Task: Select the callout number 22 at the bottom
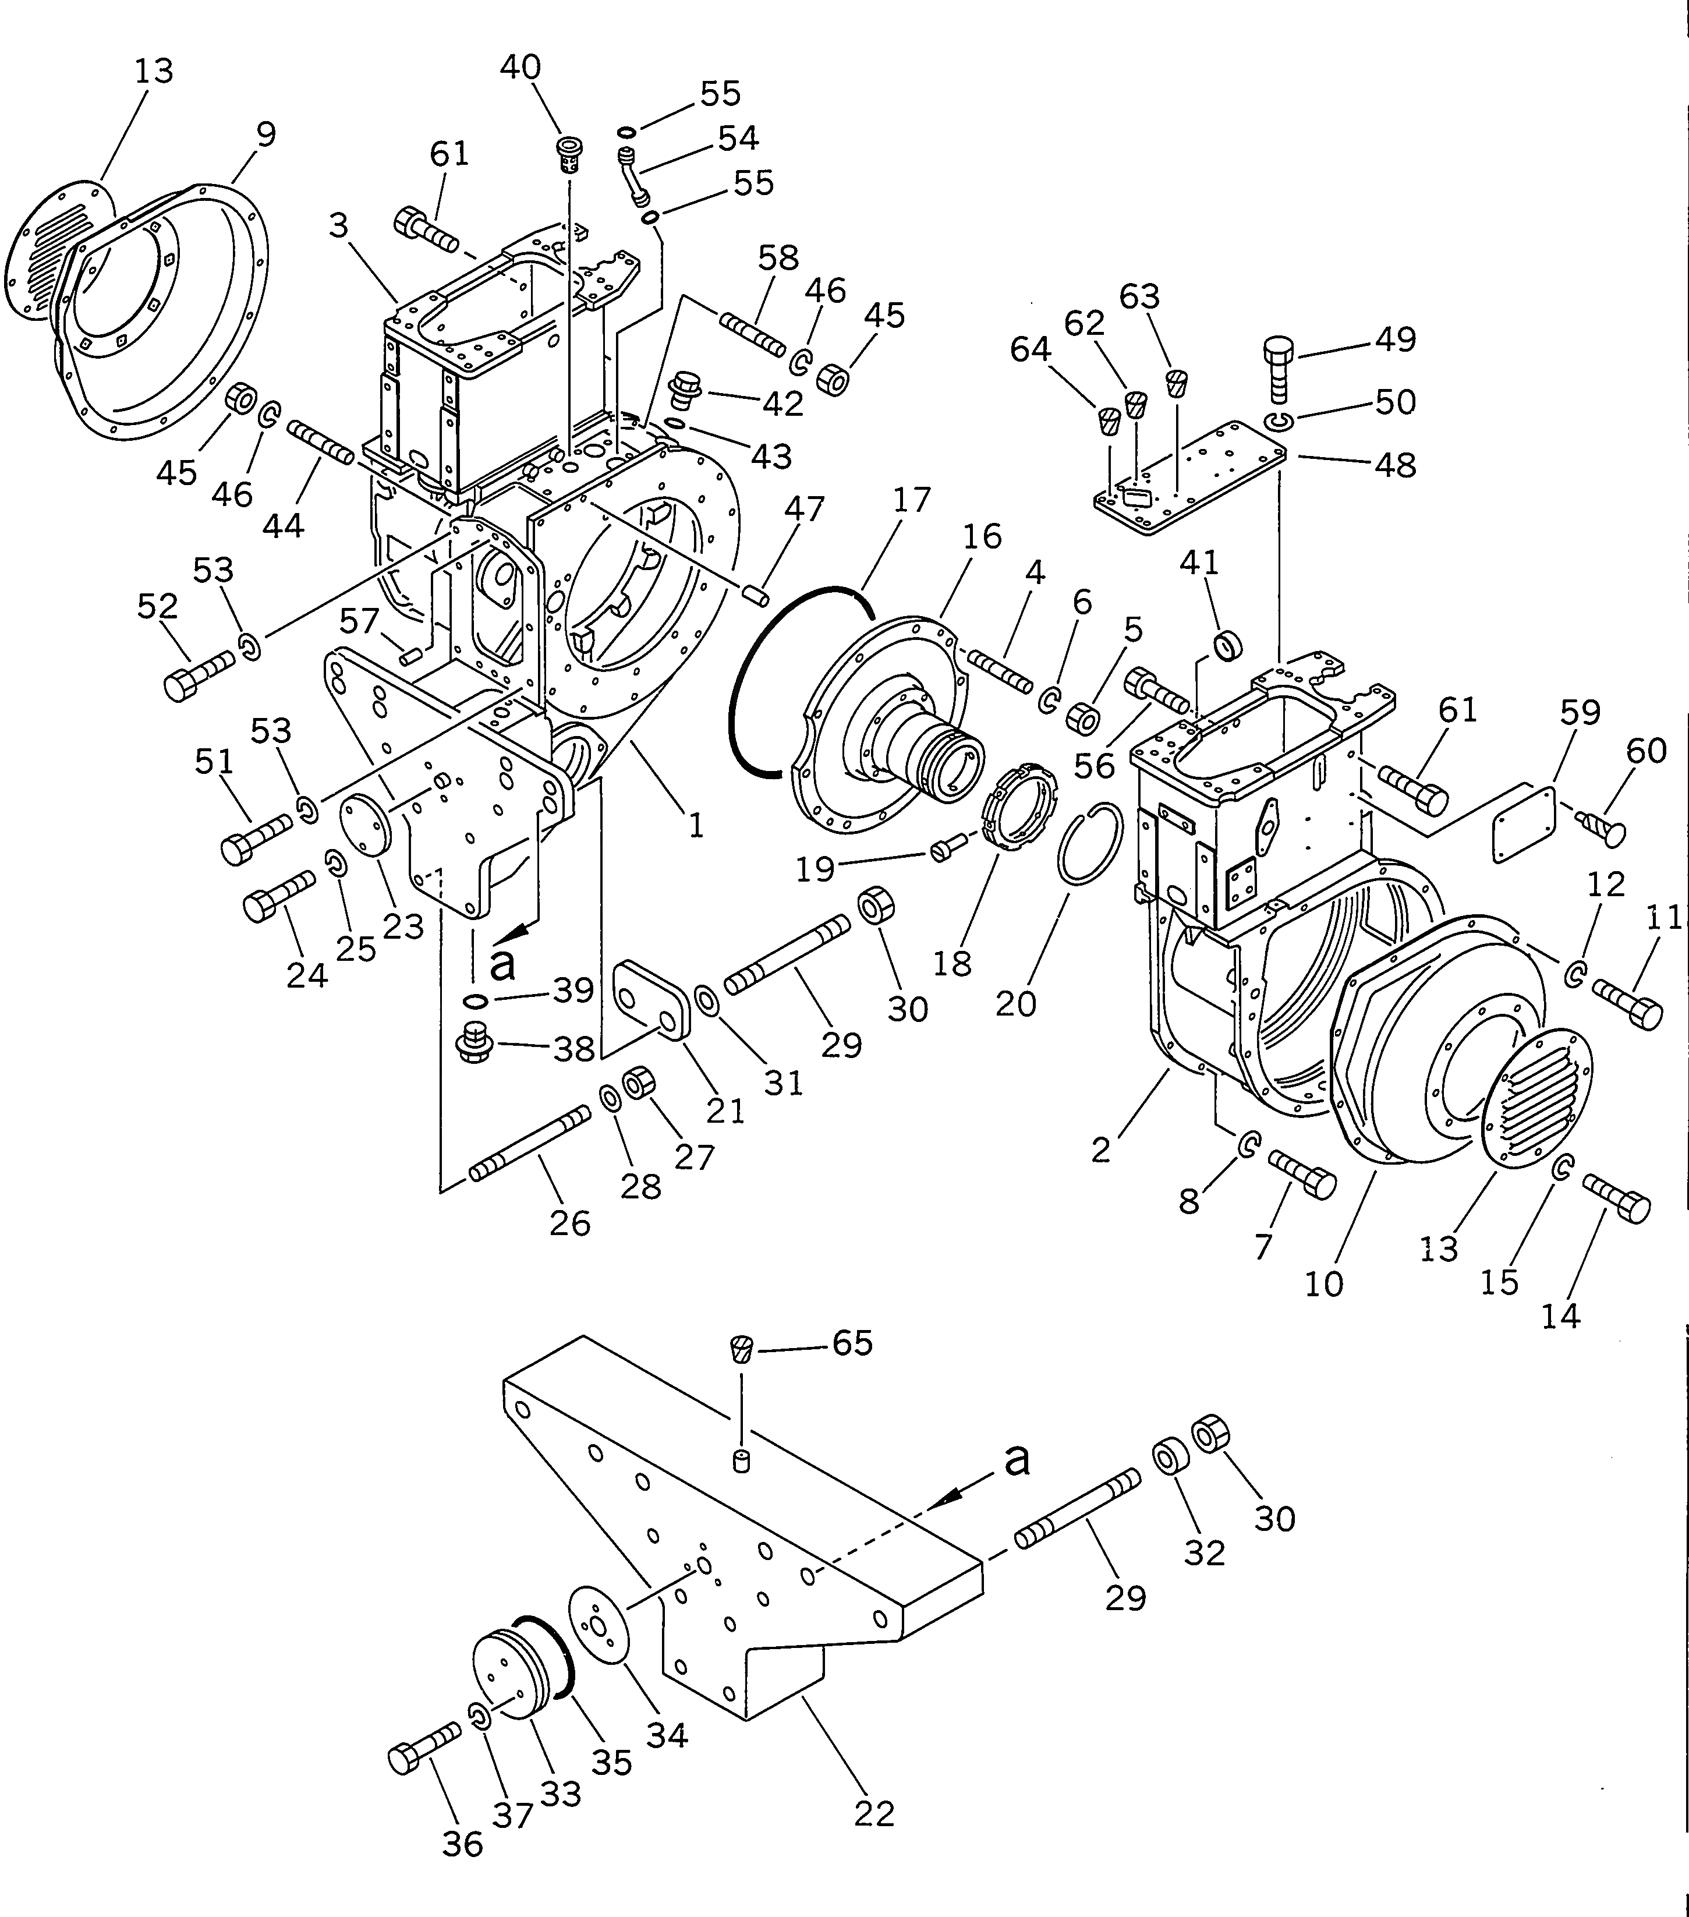[x=874, y=1814]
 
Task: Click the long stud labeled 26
[x=530, y=1143]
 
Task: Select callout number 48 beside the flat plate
[x=1394, y=464]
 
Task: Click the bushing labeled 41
[x=1228, y=646]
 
